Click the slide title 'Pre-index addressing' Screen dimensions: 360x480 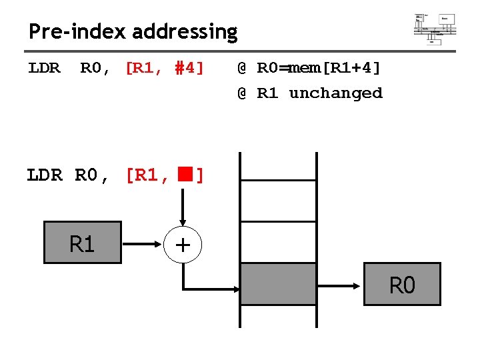pos(133,31)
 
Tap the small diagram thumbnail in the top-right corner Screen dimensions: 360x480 pos(435,28)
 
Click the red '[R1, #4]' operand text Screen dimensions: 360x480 pos(165,68)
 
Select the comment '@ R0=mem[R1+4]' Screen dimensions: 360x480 pos(309,68)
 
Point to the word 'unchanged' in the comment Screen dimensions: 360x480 pos(335,93)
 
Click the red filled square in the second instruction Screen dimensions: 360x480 pos(184,175)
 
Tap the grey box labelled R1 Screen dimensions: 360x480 pos(82,243)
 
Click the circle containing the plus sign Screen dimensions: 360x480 pos(183,245)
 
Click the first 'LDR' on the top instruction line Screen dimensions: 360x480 pos(44,68)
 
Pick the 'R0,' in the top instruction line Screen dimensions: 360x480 pos(95,68)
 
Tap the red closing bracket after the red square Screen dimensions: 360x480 pos(199,176)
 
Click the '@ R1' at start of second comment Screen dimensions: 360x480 pos(258,93)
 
